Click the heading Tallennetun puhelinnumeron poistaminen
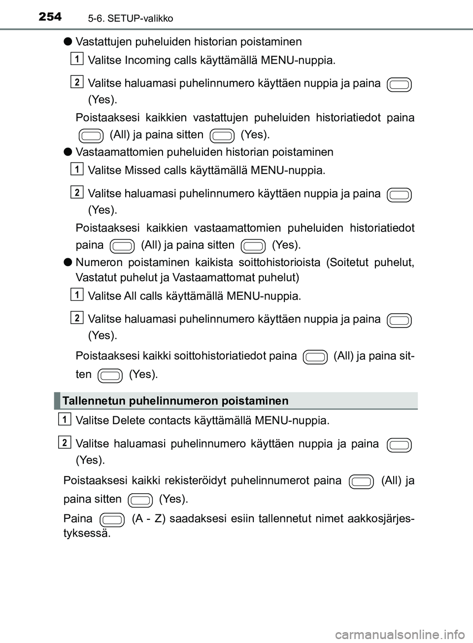[x=176, y=401]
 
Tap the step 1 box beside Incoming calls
[x=77, y=59]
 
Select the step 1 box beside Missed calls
[x=77, y=169]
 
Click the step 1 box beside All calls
[x=77, y=295]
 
